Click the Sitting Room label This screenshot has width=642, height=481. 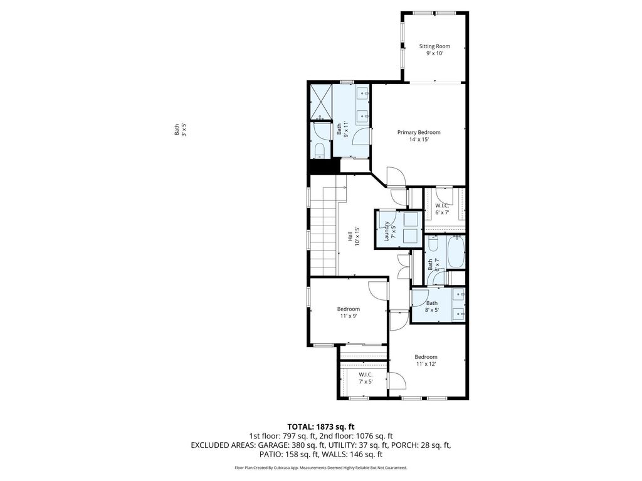[434, 49]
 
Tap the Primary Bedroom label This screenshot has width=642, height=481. [419, 136]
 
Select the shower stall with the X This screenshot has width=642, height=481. [320, 102]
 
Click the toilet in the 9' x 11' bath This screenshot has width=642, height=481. [320, 150]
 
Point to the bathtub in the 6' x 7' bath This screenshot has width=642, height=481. [456, 252]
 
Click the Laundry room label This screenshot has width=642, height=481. [390, 230]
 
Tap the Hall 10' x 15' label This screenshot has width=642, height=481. [354, 236]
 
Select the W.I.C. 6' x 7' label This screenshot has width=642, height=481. [442, 209]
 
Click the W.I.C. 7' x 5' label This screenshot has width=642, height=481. [366, 378]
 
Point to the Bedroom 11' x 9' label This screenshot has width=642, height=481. [349, 313]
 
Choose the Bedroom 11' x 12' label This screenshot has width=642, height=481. [426, 360]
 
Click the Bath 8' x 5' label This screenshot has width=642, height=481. [432, 306]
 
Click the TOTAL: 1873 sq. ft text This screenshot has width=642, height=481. [320, 427]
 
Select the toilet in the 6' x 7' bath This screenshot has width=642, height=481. [433, 245]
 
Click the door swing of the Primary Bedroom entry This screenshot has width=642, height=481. [396, 176]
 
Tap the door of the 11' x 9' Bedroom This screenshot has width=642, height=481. [377, 291]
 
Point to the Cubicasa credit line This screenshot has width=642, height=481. [320, 467]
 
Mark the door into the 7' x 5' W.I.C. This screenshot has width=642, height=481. [397, 380]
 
